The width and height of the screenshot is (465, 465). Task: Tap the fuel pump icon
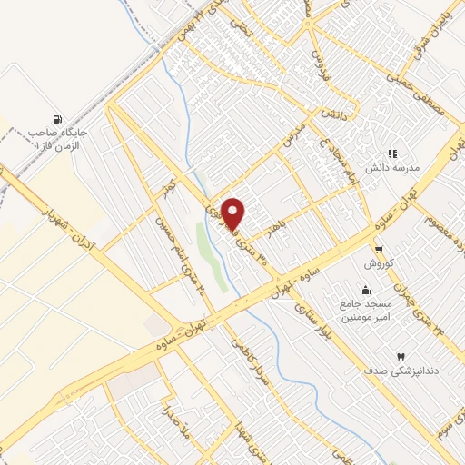click(x=58, y=119)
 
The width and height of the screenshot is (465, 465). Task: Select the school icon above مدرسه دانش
click(x=392, y=155)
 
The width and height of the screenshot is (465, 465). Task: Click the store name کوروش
click(x=378, y=263)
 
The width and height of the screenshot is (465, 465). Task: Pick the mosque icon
click(x=365, y=291)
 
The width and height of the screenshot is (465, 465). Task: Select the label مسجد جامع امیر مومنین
click(x=365, y=312)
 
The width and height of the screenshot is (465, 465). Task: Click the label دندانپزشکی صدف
click(x=395, y=371)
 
